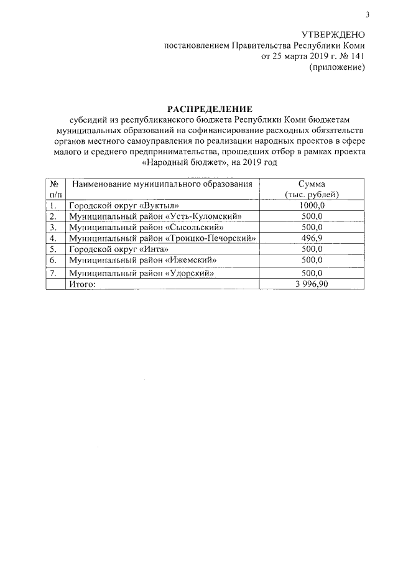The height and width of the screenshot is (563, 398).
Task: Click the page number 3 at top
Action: (x=368, y=15)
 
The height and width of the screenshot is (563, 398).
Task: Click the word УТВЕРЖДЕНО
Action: (x=333, y=35)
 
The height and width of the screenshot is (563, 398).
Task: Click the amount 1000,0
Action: (x=312, y=205)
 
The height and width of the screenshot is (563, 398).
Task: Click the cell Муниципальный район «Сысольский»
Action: (x=146, y=227)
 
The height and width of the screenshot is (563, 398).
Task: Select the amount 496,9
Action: (x=312, y=238)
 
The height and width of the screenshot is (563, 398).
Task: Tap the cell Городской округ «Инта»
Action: (x=119, y=248)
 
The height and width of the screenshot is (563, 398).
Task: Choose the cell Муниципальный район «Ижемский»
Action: (x=143, y=259)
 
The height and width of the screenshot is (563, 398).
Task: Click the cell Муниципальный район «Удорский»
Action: (x=142, y=273)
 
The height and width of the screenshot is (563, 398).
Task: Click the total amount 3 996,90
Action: (x=312, y=284)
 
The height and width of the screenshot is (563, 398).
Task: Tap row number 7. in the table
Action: (x=53, y=273)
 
